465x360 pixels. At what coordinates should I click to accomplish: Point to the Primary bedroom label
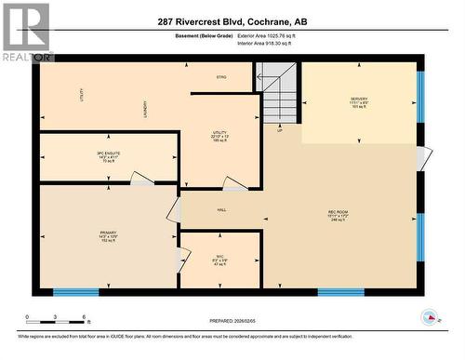pos(109,234)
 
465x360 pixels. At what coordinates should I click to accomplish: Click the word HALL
pos(222,210)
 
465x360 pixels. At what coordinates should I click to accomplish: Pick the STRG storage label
pos(221,76)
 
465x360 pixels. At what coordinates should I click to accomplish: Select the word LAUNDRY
pos(146,109)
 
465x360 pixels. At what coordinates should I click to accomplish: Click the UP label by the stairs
pos(279,130)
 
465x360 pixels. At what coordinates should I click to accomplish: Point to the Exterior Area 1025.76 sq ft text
pos(276,36)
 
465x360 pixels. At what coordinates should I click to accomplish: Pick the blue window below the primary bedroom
pos(75,292)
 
